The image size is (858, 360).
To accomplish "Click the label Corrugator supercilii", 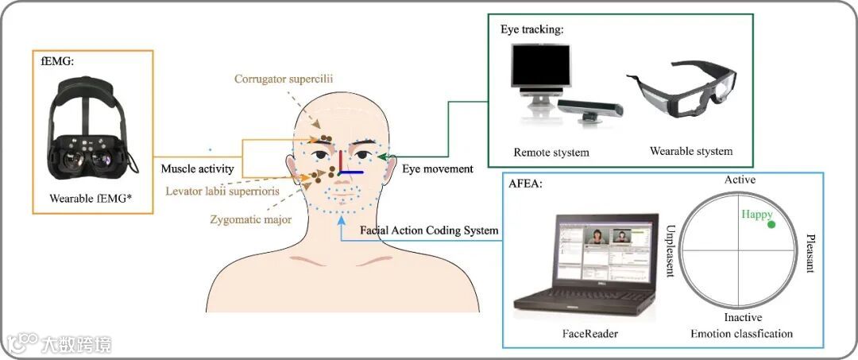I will (284, 79).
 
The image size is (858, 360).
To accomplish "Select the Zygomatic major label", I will (252, 219).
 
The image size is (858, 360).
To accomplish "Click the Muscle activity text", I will (197, 168).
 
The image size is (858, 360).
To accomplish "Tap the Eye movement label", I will (438, 168).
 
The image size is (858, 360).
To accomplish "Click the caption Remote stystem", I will (551, 152).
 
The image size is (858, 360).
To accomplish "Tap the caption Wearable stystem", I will (691, 151).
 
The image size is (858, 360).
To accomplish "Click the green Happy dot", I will (771, 226).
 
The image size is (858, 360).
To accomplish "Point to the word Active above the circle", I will (740, 180).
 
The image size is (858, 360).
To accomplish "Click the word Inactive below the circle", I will (743, 318).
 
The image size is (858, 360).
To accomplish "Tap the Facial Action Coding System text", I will (429, 230).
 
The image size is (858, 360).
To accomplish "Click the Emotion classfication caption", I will (741, 334).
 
